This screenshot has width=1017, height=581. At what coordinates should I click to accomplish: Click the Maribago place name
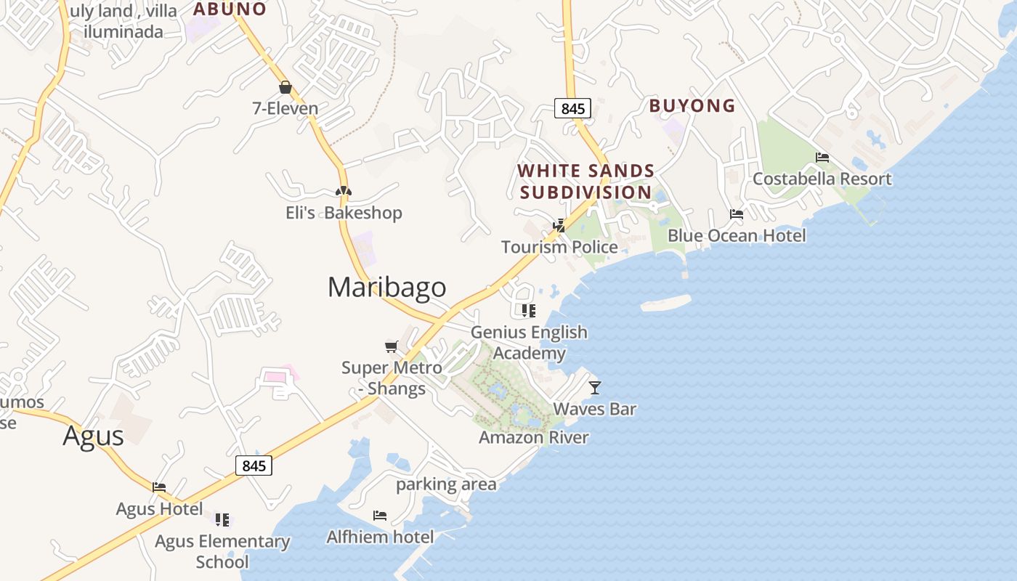386,287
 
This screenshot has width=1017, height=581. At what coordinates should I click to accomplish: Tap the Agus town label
93,436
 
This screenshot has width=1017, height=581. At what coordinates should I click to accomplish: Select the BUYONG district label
692,106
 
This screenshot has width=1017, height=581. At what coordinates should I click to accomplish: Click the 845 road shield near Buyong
573,108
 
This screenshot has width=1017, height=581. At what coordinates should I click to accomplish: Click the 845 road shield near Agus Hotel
254,466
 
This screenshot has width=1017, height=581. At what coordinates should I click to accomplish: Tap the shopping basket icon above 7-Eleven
285,88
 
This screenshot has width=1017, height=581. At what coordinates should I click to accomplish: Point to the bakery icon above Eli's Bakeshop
344,191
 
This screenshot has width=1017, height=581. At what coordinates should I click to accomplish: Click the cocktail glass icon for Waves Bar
595,388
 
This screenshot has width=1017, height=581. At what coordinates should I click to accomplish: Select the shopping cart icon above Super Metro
392,346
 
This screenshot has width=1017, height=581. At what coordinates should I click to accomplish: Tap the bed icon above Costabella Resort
822,158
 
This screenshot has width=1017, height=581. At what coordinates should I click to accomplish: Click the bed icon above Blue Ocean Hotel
737,214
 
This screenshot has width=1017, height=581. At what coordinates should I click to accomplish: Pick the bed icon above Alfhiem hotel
380,516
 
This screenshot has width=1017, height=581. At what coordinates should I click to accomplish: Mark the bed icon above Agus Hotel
159,487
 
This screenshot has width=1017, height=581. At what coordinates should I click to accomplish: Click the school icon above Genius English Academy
529,311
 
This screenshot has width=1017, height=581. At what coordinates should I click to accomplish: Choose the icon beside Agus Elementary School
222,520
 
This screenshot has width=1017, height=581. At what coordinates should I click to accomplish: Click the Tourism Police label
559,247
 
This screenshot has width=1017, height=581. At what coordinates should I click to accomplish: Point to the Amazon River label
534,437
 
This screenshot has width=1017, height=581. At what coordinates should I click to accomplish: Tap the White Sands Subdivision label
586,182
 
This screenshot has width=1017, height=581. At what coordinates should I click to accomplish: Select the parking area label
446,484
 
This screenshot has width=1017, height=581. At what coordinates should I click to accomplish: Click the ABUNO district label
230,9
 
